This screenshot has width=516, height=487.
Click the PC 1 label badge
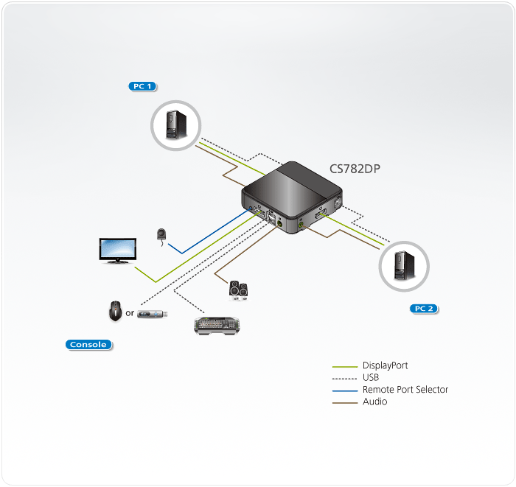(x=142, y=86)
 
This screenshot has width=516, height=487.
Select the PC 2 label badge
(x=422, y=309)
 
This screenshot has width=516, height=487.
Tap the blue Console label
(x=88, y=344)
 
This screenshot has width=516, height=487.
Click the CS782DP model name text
(x=355, y=168)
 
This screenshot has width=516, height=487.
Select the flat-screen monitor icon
(x=117, y=250)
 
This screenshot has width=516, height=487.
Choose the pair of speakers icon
(x=239, y=290)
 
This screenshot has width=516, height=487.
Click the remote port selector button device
(x=161, y=235)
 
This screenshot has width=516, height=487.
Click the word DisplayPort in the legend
(x=385, y=365)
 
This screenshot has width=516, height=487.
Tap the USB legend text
(x=371, y=377)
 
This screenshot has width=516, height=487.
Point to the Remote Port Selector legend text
(x=405, y=390)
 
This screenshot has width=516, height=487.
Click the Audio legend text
(x=374, y=402)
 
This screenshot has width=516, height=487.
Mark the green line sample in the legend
(x=344, y=366)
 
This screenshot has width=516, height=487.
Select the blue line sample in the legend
(x=344, y=390)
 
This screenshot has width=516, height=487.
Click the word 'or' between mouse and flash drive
(x=130, y=313)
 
